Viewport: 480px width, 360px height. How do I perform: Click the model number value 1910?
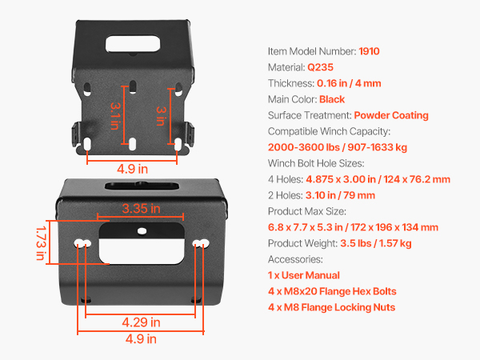tap(369, 51)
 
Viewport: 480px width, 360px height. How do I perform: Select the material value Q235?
tap(320, 67)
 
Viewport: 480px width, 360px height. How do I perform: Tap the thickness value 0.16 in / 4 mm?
tap(349, 83)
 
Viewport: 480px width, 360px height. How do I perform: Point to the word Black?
tap(332, 99)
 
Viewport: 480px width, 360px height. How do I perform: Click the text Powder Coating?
tap(391, 115)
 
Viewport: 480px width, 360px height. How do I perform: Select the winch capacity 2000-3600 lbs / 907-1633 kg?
tap(338, 147)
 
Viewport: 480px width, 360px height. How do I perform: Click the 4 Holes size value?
tap(378, 179)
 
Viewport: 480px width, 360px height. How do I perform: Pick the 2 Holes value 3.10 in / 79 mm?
tap(340, 195)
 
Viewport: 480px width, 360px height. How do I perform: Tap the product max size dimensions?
tap(353, 227)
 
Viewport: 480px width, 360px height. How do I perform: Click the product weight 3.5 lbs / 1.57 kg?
tap(376, 243)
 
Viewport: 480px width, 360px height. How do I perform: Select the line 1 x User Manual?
tap(304, 275)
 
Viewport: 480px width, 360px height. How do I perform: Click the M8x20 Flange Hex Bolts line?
tap(332, 291)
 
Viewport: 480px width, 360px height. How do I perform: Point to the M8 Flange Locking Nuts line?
tap(331, 307)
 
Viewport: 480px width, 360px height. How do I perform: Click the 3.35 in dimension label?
tap(141, 209)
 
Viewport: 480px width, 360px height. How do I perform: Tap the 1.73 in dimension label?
tap(41, 243)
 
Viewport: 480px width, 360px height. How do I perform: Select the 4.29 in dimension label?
tap(141, 322)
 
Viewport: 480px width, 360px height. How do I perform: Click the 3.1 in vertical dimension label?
tap(114, 116)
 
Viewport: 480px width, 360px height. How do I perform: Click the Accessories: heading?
tap(295, 259)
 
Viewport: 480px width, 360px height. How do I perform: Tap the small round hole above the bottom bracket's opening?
tap(142, 231)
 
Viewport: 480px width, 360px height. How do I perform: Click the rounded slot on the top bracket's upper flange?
tap(133, 44)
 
